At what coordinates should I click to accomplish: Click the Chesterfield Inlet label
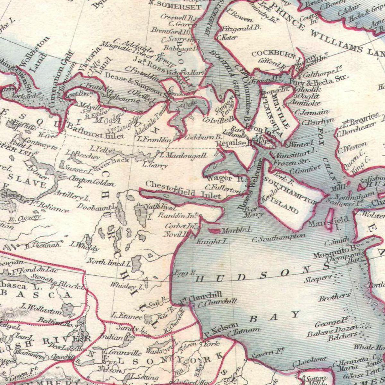pyautogui.click(x=183, y=190)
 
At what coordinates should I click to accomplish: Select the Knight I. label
pyautogui.click(x=212, y=241)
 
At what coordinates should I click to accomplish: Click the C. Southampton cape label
pyautogui.click(x=278, y=238)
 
